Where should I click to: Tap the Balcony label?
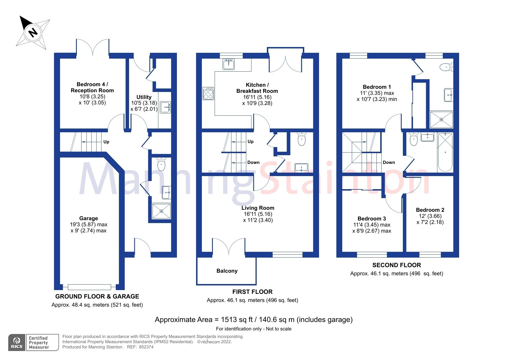[227, 271]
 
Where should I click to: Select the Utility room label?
[144, 97]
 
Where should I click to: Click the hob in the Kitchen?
[208, 93]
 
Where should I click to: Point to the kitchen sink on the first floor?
[229, 64]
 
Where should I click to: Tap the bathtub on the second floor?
[445, 152]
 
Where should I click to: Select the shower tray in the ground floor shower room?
[162, 211]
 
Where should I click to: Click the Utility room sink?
[165, 107]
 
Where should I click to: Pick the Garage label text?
[88, 218]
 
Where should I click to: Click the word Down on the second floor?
[389, 162]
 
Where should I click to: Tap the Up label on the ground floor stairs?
[106, 142]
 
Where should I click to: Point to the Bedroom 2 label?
[430, 210]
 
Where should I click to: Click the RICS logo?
[17, 343]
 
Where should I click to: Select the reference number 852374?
[146, 347]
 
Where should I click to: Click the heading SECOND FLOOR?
[396, 265]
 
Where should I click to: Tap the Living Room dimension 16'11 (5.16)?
[258, 214]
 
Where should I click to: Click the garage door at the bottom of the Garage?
[89, 287]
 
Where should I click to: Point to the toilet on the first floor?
[302, 139]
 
